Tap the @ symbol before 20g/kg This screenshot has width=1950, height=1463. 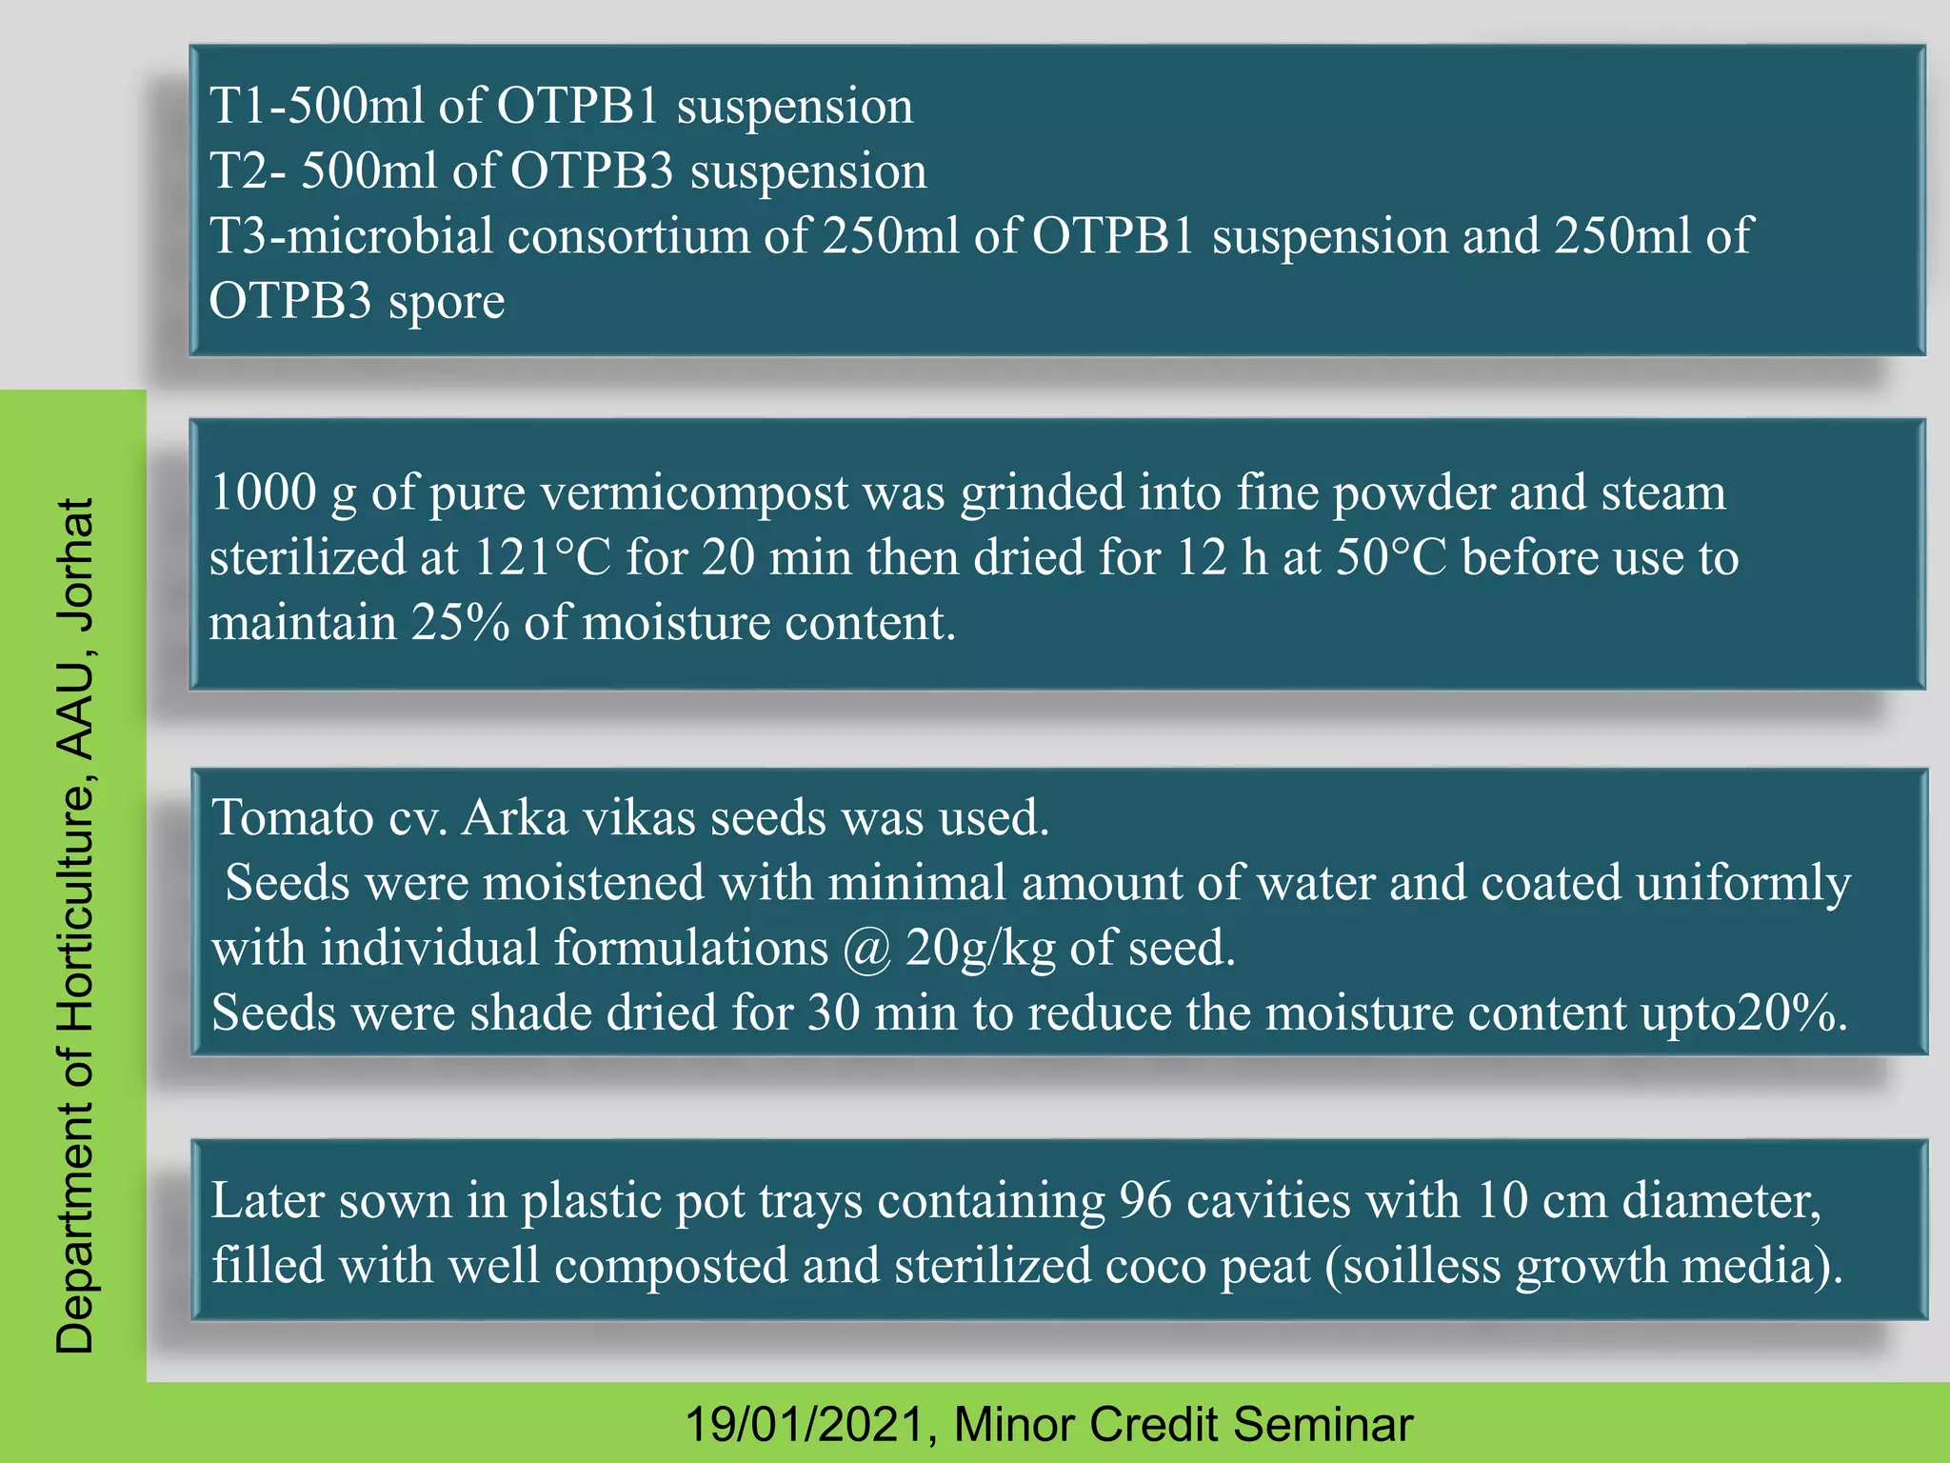coord(866,949)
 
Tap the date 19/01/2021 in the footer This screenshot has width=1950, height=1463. coord(806,1425)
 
